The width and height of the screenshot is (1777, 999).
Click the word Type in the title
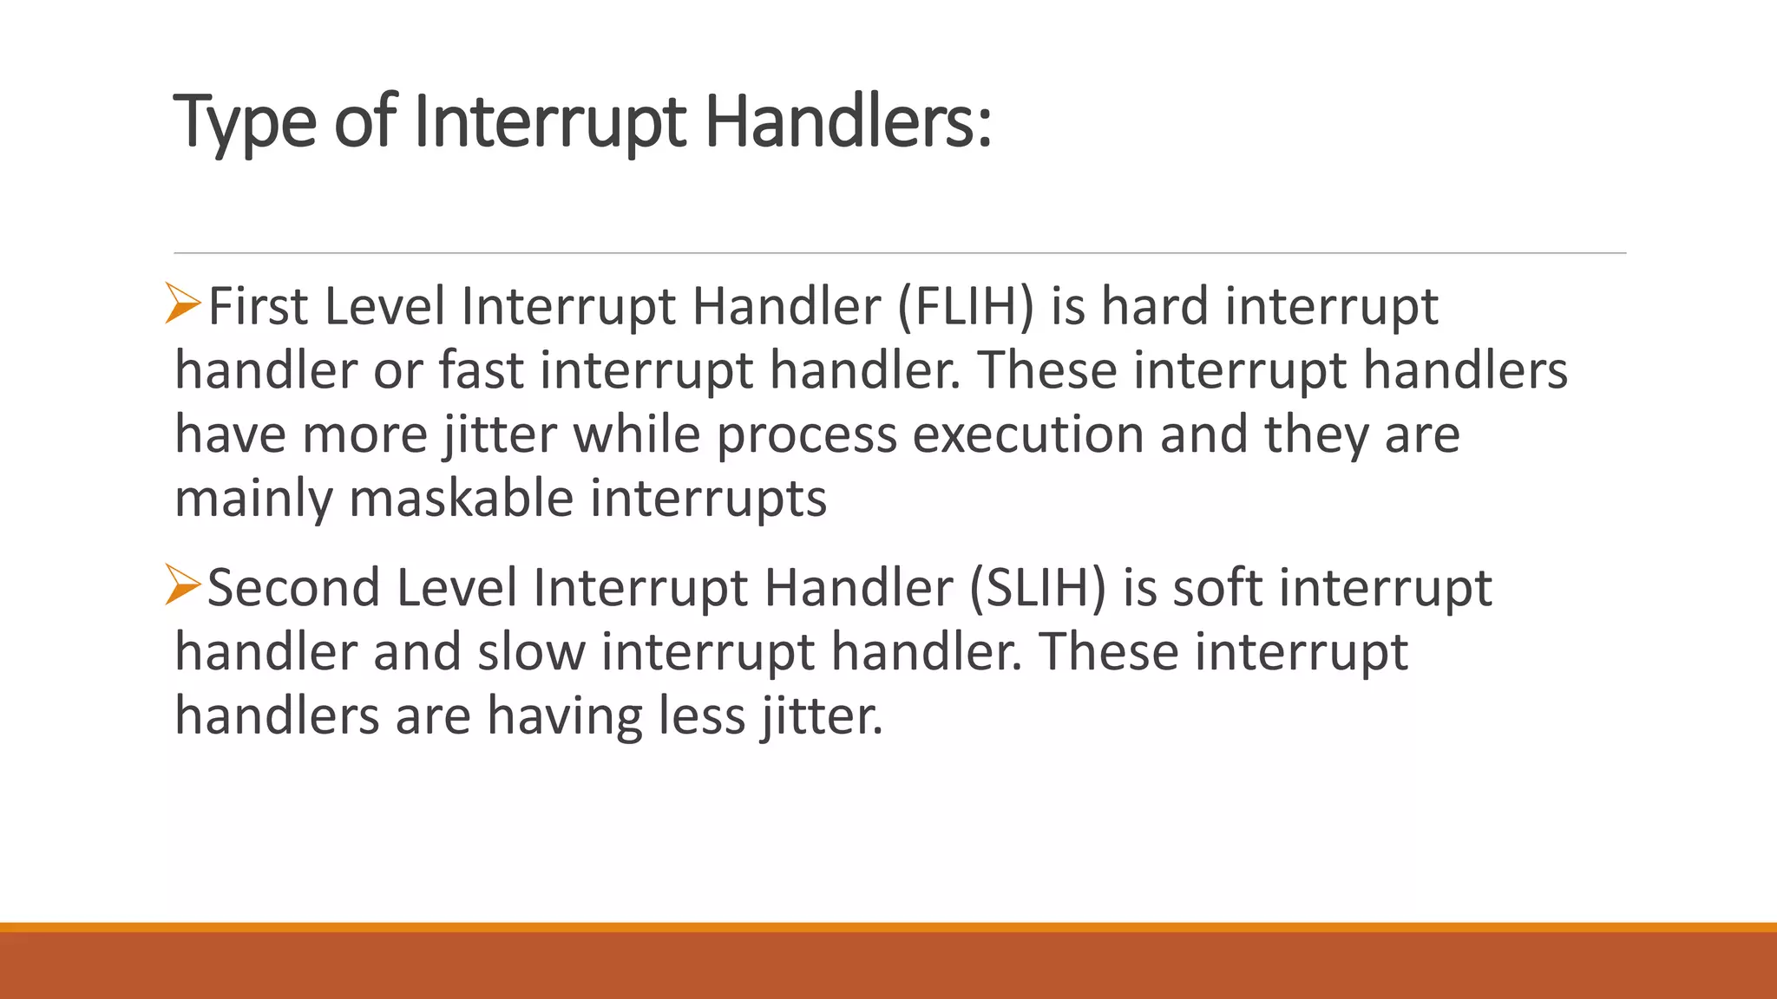pyautogui.click(x=245, y=123)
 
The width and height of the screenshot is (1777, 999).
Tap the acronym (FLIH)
pyautogui.click(x=966, y=307)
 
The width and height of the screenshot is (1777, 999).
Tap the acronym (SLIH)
pyautogui.click(x=1038, y=588)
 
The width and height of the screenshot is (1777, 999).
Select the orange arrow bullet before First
pyautogui.click(x=183, y=304)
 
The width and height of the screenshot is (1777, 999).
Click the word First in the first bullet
pyautogui.click(x=258, y=307)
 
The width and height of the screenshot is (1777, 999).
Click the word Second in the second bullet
pyautogui.click(x=293, y=588)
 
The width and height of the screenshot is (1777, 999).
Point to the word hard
pyautogui.click(x=1154, y=307)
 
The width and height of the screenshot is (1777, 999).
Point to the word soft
pyautogui.click(x=1218, y=588)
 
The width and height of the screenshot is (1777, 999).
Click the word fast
pyautogui.click(x=481, y=371)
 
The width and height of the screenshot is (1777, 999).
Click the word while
pyautogui.click(x=637, y=435)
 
